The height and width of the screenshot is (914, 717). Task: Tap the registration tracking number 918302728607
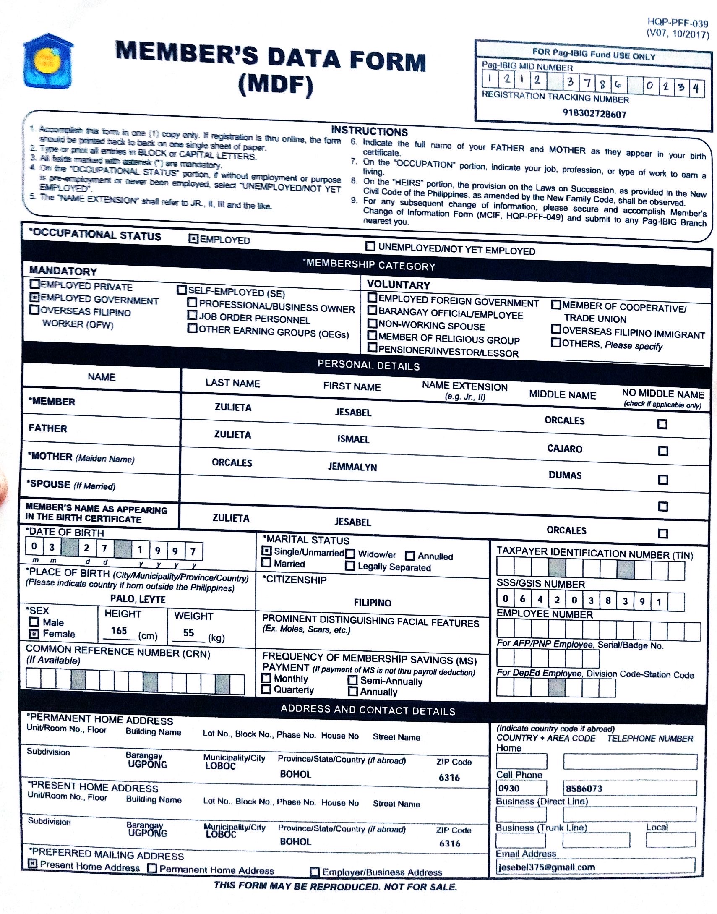[x=594, y=114]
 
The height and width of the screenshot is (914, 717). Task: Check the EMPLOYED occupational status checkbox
[x=193, y=239]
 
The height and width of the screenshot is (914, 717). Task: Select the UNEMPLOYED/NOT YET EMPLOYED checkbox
[x=370, y=246]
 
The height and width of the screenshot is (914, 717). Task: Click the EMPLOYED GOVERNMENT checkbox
[x=35, y=298]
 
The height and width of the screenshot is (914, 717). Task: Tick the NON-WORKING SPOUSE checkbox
[x=373, y=323]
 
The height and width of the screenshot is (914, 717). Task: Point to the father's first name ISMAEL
[x=353, y=439]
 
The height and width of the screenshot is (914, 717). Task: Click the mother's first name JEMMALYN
[x=352, y=467]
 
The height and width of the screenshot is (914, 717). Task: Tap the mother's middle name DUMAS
[x=565, y=475]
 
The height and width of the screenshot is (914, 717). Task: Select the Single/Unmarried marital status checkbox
[x=266, y=551]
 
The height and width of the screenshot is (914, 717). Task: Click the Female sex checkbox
[x=34, y=634]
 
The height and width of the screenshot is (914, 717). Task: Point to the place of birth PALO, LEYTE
[x=138, y=599]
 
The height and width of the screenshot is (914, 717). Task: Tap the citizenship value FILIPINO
[x=373, y=603]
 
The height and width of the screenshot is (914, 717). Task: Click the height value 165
[x=119, y=631]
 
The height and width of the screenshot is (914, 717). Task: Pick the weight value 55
[x=188, y=633]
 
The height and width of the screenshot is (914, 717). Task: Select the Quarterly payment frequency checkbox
[x=266, y=689]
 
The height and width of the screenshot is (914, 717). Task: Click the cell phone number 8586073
[x=584, y=789]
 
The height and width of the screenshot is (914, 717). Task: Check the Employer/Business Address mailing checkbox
[x=314, y=872]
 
